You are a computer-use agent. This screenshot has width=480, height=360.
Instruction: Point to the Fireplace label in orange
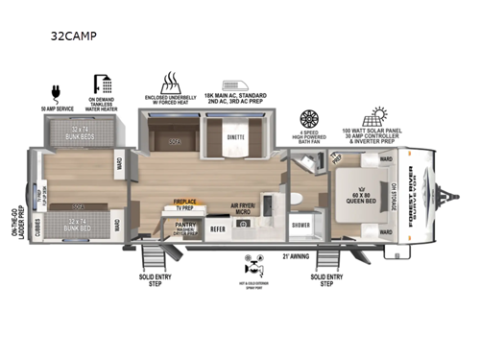coord(185,203)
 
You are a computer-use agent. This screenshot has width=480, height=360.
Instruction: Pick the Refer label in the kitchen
coord(218,229)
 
